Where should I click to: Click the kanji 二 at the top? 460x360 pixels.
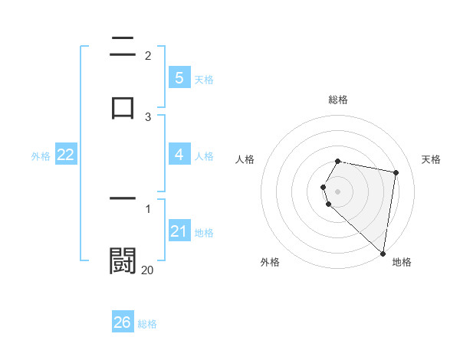(123, 47)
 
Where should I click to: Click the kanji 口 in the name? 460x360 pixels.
(123, 107)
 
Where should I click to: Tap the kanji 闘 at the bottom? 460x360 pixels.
(123, 260)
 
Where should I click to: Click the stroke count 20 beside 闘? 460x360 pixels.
(147, 270)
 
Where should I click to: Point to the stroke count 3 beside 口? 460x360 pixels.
(148, 116)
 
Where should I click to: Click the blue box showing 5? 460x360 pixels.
(179, 77)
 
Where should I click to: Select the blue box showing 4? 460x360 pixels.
(179, 155)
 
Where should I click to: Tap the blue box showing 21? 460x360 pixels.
(179, 231)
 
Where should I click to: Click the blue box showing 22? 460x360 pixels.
(65, 155)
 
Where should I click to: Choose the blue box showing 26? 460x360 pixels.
(122, 322)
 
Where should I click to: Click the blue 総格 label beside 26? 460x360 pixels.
(147, 324)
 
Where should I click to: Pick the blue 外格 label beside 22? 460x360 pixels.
(41, 156)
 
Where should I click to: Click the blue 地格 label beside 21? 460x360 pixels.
(204, 233)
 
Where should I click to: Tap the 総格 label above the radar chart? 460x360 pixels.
(338, 100)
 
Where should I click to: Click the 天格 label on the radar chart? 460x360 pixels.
(432, 159)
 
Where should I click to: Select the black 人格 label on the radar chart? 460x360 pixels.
(245, 159)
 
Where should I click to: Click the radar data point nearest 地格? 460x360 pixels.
(383, 254)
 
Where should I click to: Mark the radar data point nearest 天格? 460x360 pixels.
(396, 172)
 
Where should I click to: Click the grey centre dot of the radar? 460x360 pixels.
(338, 191)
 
